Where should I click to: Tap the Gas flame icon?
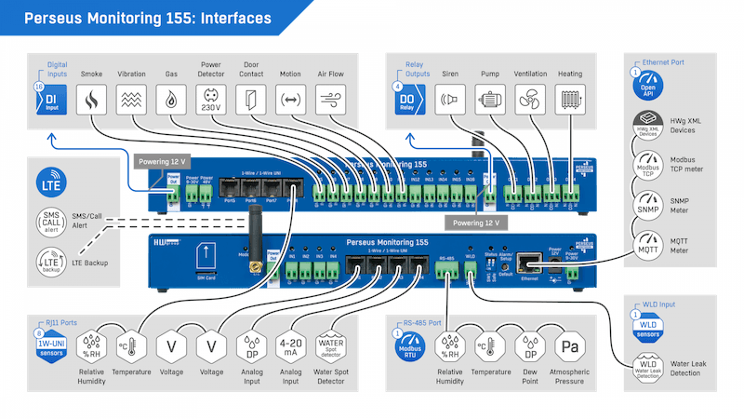point(170,101)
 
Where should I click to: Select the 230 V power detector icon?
point(210,101)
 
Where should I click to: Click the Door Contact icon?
point(250,101)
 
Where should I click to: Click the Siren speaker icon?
point(450,101)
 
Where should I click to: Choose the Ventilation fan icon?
point(530,101)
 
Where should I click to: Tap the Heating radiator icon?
point(569,101)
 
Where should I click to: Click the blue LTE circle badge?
point(51,182)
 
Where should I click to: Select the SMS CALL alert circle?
point(51,223)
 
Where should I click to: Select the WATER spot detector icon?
point(332,347)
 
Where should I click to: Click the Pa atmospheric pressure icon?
point(568,347)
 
